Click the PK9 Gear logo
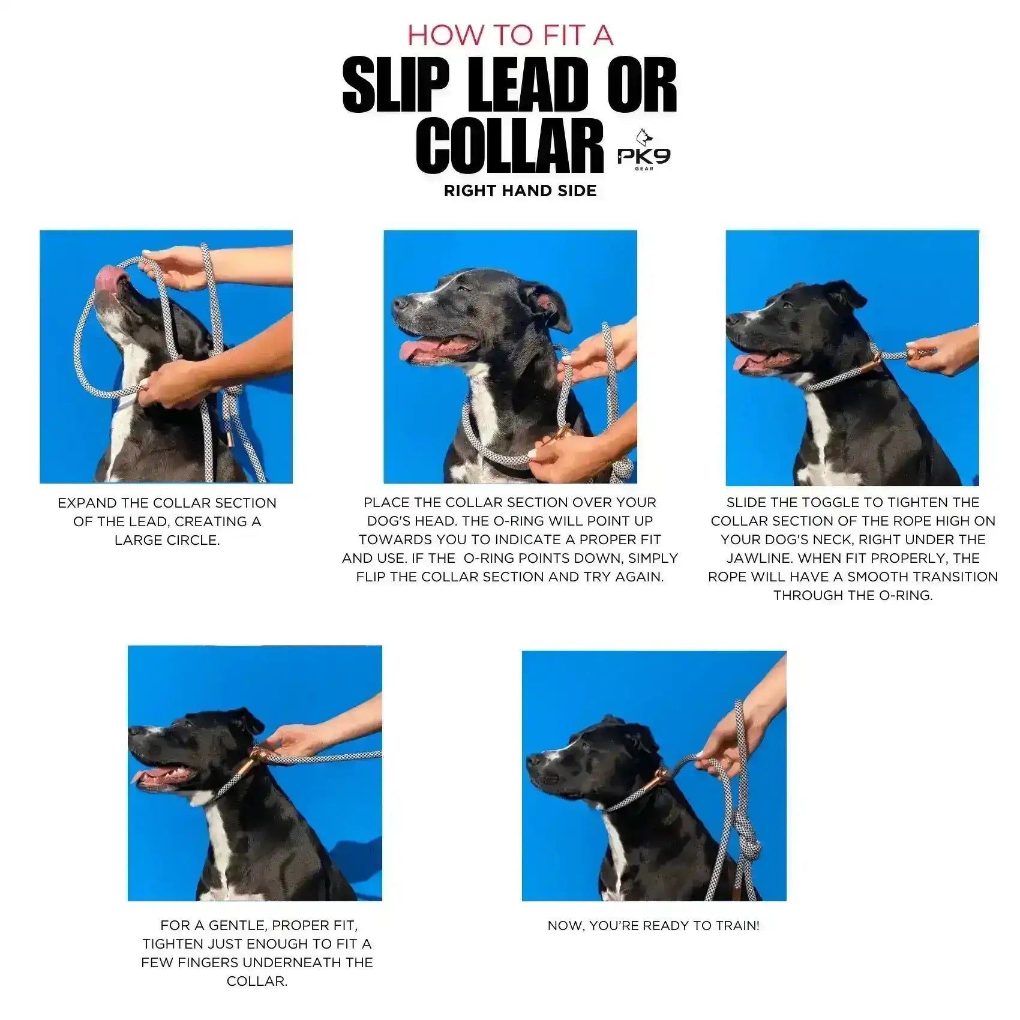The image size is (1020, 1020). (643, 155)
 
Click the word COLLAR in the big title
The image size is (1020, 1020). (509, 146)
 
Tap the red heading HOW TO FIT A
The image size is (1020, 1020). (510, 35)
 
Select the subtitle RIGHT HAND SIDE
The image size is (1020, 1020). (520, 191)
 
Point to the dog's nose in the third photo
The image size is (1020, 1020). (731, 319)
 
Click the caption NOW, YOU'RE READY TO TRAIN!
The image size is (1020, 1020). (653, 925)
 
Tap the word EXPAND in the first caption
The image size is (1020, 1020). (84, 503)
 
